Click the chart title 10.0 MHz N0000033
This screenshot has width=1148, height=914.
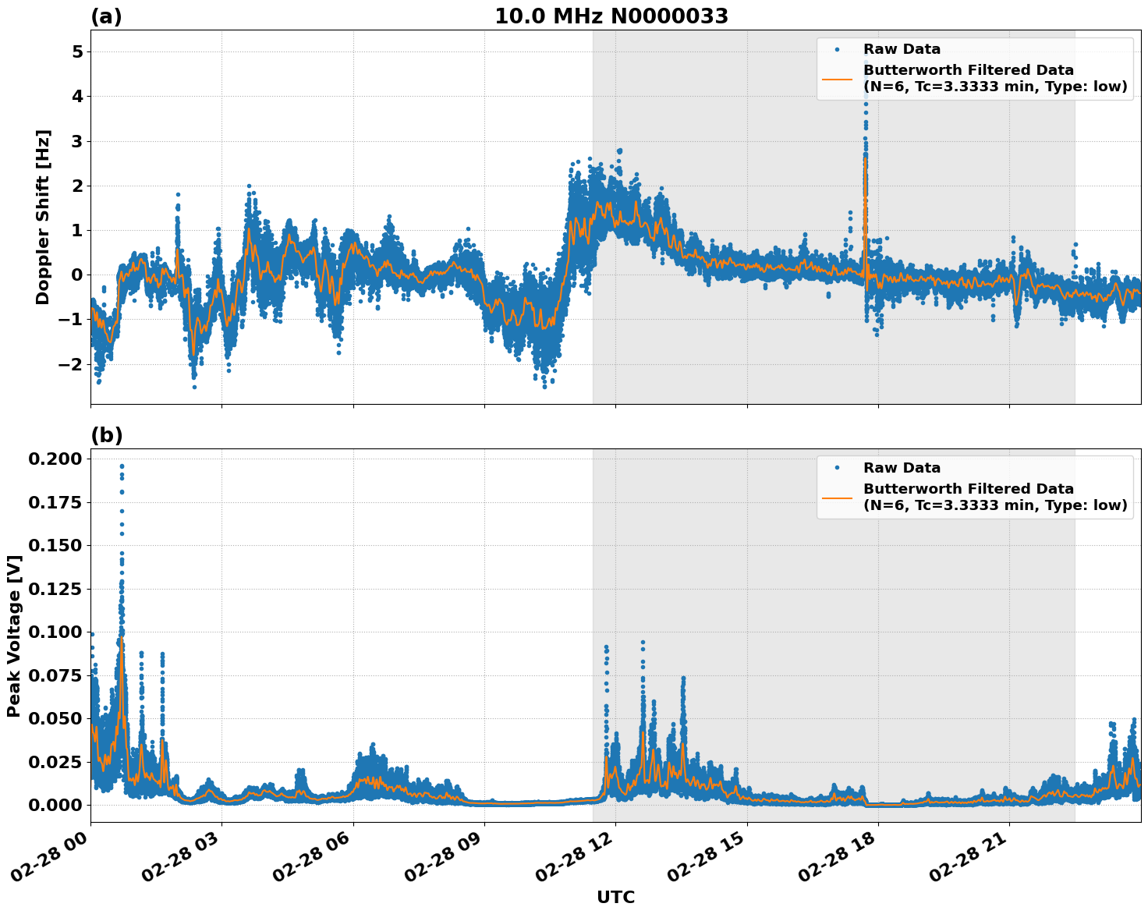611,16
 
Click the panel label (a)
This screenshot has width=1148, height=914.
106,16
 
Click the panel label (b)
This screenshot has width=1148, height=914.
107,436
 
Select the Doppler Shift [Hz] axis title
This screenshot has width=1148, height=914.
43,217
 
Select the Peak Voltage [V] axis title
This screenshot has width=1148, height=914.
13,636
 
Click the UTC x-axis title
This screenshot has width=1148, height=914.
615,898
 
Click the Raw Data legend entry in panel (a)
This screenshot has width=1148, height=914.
902,49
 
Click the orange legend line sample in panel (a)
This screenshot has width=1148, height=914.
837,78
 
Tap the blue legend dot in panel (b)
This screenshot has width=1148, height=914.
837,468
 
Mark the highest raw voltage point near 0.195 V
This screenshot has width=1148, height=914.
122,466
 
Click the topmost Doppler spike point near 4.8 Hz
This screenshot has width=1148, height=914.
866,62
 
